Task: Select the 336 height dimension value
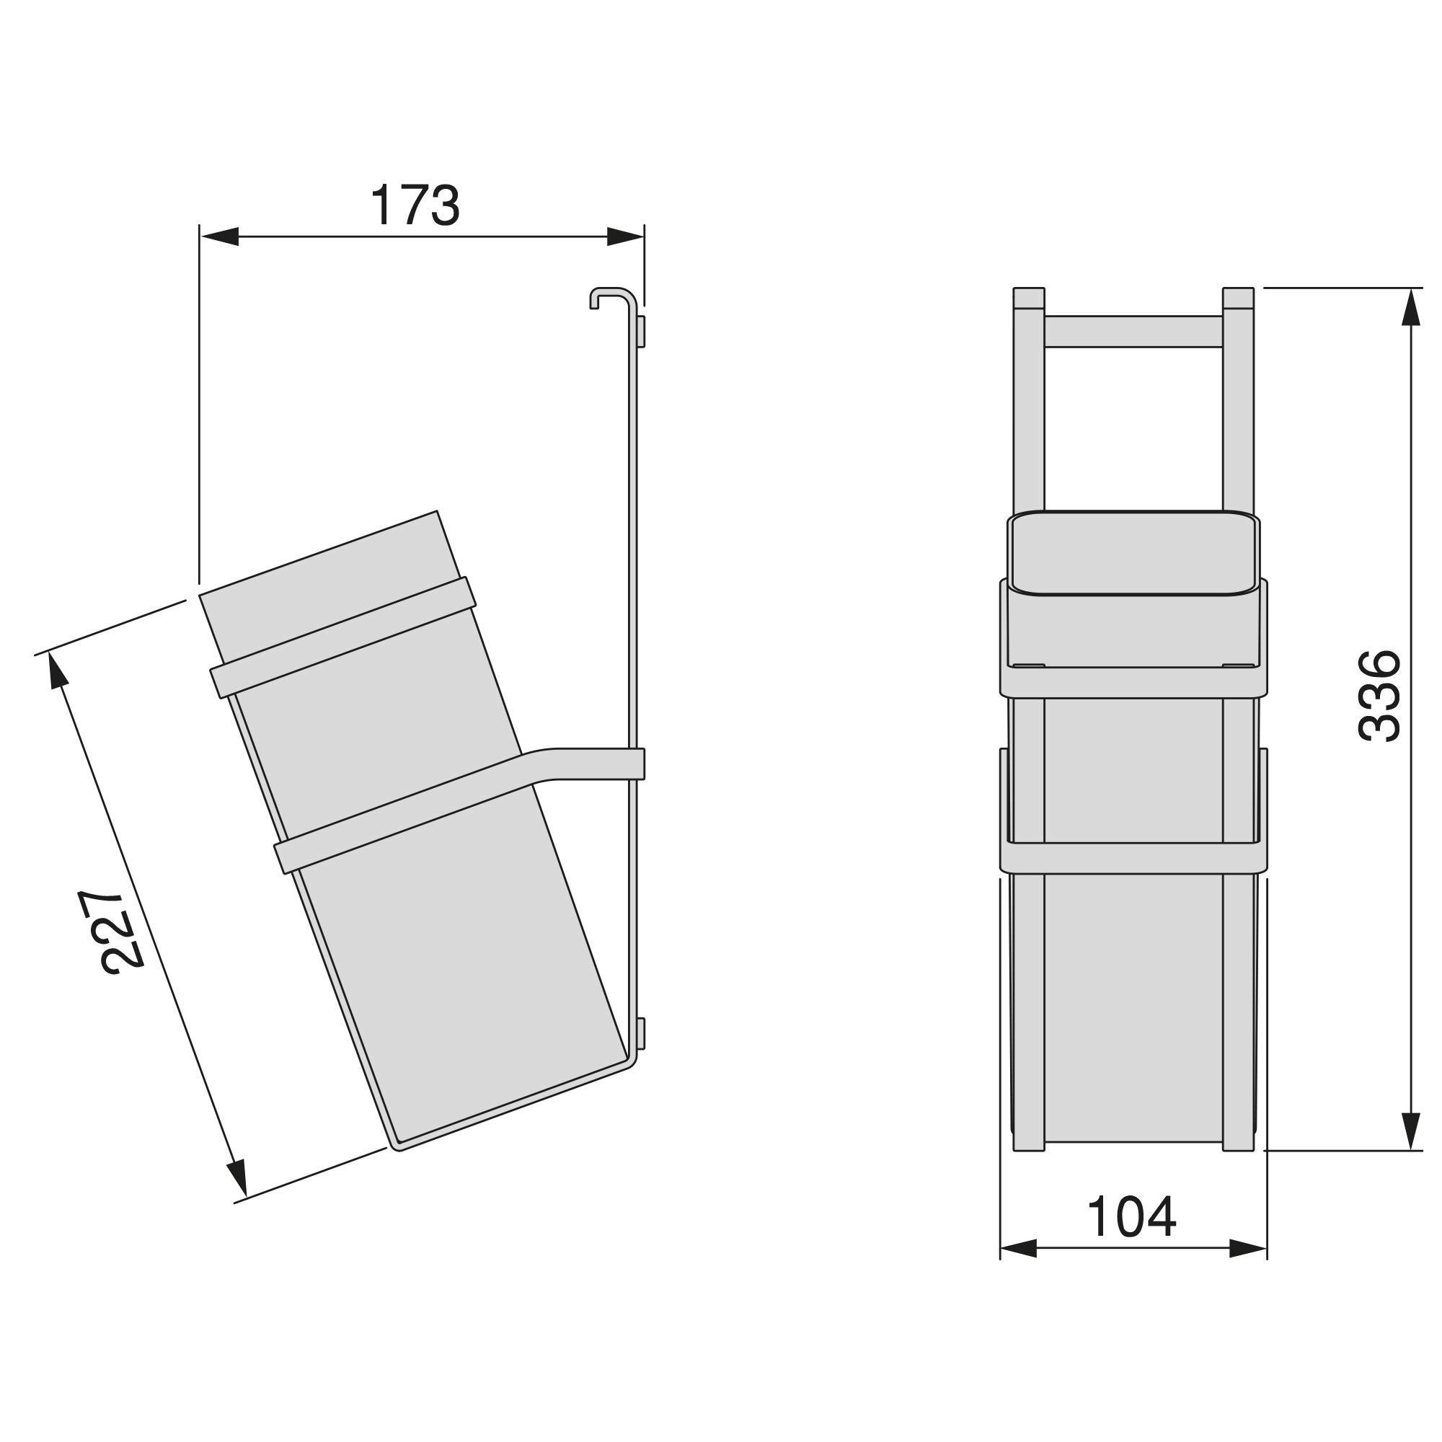coord(1379,696)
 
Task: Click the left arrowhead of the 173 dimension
coord(218,236)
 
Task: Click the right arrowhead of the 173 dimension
coord(625,236)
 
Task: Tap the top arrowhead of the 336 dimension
coord(1410,306)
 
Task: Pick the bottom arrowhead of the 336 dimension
coord(1410,1131)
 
